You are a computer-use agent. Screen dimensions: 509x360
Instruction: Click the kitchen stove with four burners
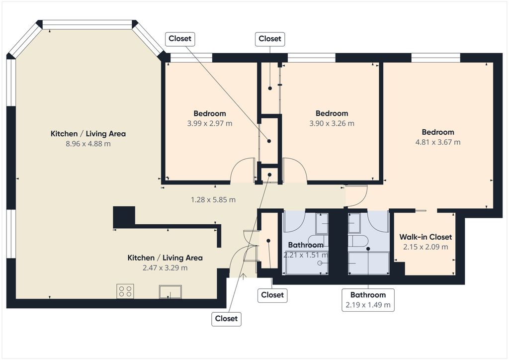(x=125, y=291)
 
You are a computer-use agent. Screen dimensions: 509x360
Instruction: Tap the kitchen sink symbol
(x=170, y=291)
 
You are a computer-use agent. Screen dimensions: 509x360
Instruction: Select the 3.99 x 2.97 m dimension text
(x=210, y=123)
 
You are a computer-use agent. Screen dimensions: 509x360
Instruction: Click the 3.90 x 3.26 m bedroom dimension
(x=332, y=123)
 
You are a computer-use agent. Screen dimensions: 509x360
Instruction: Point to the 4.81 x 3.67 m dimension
(x=438, y=142)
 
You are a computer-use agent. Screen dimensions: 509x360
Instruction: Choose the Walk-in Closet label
(x=425, y=237)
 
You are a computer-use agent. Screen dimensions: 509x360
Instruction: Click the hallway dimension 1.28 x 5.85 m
(x=213, y=199)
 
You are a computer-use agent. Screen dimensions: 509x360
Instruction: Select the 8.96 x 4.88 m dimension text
(x=88, y=144)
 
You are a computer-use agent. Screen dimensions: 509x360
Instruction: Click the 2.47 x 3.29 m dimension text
(x=165, y=268)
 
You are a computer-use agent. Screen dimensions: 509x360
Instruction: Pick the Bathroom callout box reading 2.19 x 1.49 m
(x=368, y=300)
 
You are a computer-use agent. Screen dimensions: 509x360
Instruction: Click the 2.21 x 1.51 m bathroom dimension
(x=306, y=255)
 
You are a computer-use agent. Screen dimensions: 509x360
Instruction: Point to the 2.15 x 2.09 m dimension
(x=425, y=247)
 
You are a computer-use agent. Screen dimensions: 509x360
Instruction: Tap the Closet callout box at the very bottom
(x=226, y=319)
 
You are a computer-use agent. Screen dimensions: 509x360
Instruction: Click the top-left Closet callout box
(x=180, y=39)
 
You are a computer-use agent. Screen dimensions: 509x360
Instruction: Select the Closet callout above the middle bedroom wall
(x=270, y=39)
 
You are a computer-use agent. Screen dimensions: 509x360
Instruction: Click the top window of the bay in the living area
(x=87, y=25)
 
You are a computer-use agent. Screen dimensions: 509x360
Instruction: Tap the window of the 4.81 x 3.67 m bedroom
(x=435, y=58)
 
